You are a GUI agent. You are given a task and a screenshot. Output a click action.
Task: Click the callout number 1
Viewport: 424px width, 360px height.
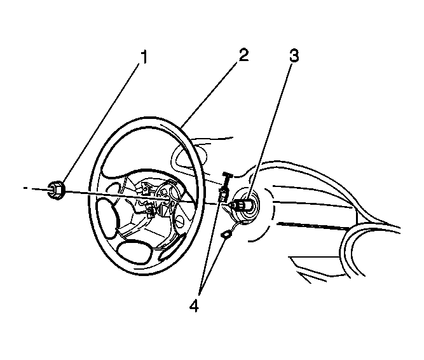pos(144,57)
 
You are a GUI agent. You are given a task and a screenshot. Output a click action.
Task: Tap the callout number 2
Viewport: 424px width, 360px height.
pos(243,55)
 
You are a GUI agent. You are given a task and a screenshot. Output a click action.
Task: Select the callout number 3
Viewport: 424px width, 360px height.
pos(294,55)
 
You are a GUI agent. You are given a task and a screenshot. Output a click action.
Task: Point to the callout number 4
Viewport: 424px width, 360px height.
pos(194,306)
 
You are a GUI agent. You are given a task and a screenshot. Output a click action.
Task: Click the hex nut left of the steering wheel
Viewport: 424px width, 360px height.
pos(56,190)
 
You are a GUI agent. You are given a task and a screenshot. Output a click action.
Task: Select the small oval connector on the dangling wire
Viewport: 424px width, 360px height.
pos(226,234)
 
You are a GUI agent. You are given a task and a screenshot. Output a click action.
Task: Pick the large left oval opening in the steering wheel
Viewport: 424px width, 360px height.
pos(107,218)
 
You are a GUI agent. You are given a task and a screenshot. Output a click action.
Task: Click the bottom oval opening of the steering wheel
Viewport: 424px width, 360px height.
pos(134,252)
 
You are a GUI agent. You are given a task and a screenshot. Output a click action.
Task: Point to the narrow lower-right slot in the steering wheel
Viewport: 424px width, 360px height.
pos(172,247)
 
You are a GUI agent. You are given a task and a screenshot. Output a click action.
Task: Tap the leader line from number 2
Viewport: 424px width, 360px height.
pos(210,94)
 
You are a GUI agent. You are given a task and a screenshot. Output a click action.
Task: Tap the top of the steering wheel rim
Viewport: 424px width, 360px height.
pos(151,120)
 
